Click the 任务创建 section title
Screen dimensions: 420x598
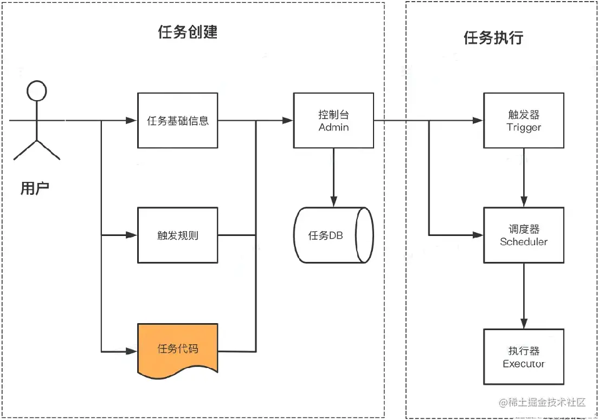click(x=188, y=32)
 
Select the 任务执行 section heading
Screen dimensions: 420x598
click(x=493, y=38)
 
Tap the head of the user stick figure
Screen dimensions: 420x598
click(x=36, y=91)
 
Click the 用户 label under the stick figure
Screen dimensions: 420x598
click(x=35, y=188)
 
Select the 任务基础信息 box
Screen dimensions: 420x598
click(x=178, y=121)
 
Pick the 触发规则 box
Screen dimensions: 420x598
click(x=178, y=235)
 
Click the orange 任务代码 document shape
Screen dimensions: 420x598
click(x=178, y=348)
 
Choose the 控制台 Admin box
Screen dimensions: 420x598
click(x=333, y=121)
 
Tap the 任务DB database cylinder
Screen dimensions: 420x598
click(x=333, y=235)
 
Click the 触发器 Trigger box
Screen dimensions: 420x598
click(x=524, y=121)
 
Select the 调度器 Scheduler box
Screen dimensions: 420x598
click(x=524, y=235)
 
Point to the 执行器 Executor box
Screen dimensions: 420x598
click(x=524, y=357)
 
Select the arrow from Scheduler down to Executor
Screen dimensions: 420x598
click(x=524, y=295)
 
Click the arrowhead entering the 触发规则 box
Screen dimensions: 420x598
click(x=132, y=235)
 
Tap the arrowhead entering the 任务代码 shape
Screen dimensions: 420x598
click(x=132, y=351)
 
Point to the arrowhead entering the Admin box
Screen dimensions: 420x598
click(x=288, y=121)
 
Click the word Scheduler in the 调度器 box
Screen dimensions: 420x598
click(x=524, y=242)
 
